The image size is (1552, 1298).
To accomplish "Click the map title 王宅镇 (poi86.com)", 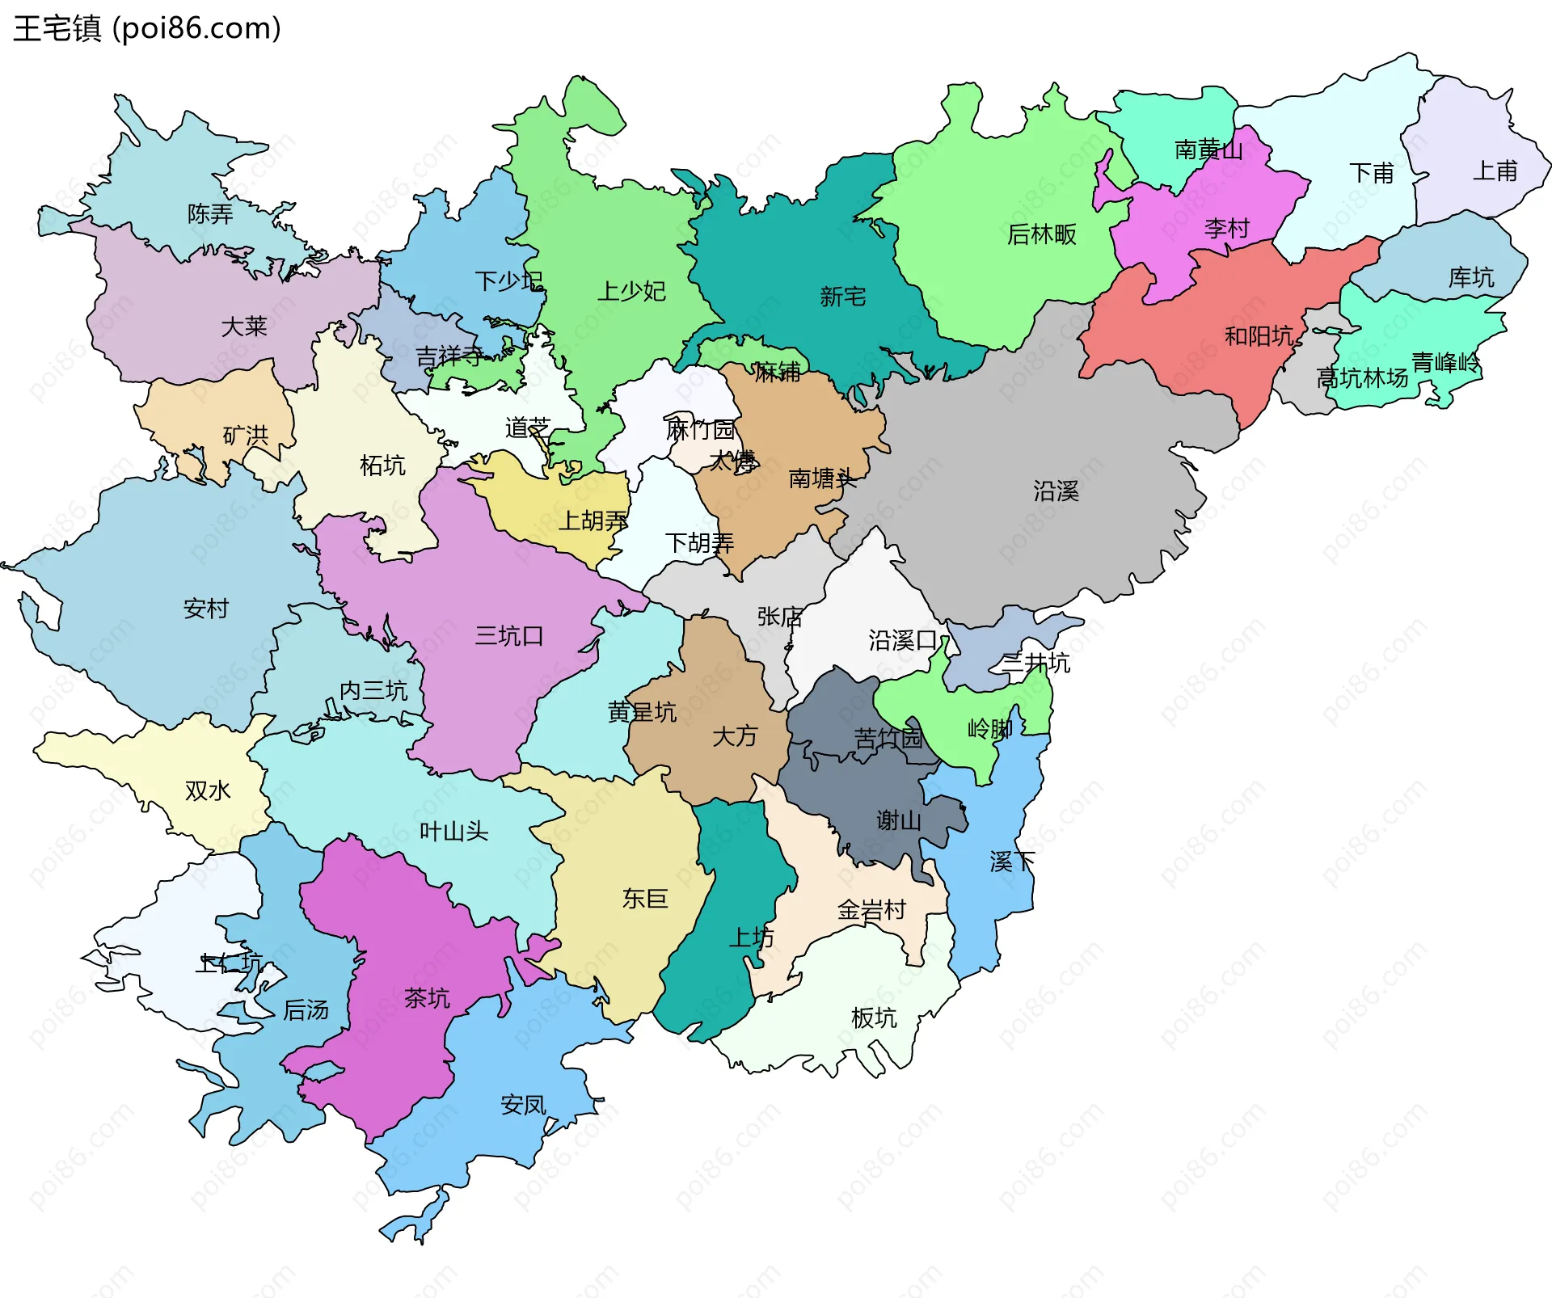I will [x=147, y=28].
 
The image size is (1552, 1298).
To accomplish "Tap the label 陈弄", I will [x=210, y=214].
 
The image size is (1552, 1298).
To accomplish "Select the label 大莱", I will [x=244, y=327].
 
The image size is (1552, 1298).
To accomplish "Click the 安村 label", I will [x=206, y=609].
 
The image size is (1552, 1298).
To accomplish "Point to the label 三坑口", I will [x=509, y=636].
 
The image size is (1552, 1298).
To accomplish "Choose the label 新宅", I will [x=842, y=297].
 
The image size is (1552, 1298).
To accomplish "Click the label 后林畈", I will [x=1042, y=234].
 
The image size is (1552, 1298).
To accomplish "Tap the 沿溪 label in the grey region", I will [x=1056, y=491].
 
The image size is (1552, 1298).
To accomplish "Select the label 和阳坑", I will [x=1259, y=335].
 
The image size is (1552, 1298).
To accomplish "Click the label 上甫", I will [x=1495, y=171].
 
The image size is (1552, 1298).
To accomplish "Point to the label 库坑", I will [x=1471, y=278].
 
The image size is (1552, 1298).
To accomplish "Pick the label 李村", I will [x=1226, y=229].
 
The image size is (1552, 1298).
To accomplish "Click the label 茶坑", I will [x=427, y=998].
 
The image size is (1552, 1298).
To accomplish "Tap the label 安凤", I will [x=523, y=1105].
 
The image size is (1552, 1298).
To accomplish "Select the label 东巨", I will [x=645, y=899].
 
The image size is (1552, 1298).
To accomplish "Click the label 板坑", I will [x=874, y=1018].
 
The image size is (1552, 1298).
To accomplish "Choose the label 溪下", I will [x=1012, y=862].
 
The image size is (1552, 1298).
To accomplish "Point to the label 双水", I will [x=208, y=790].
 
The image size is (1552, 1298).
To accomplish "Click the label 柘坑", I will [x=382, y=466].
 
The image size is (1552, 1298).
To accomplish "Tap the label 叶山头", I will [x=453, y=832].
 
